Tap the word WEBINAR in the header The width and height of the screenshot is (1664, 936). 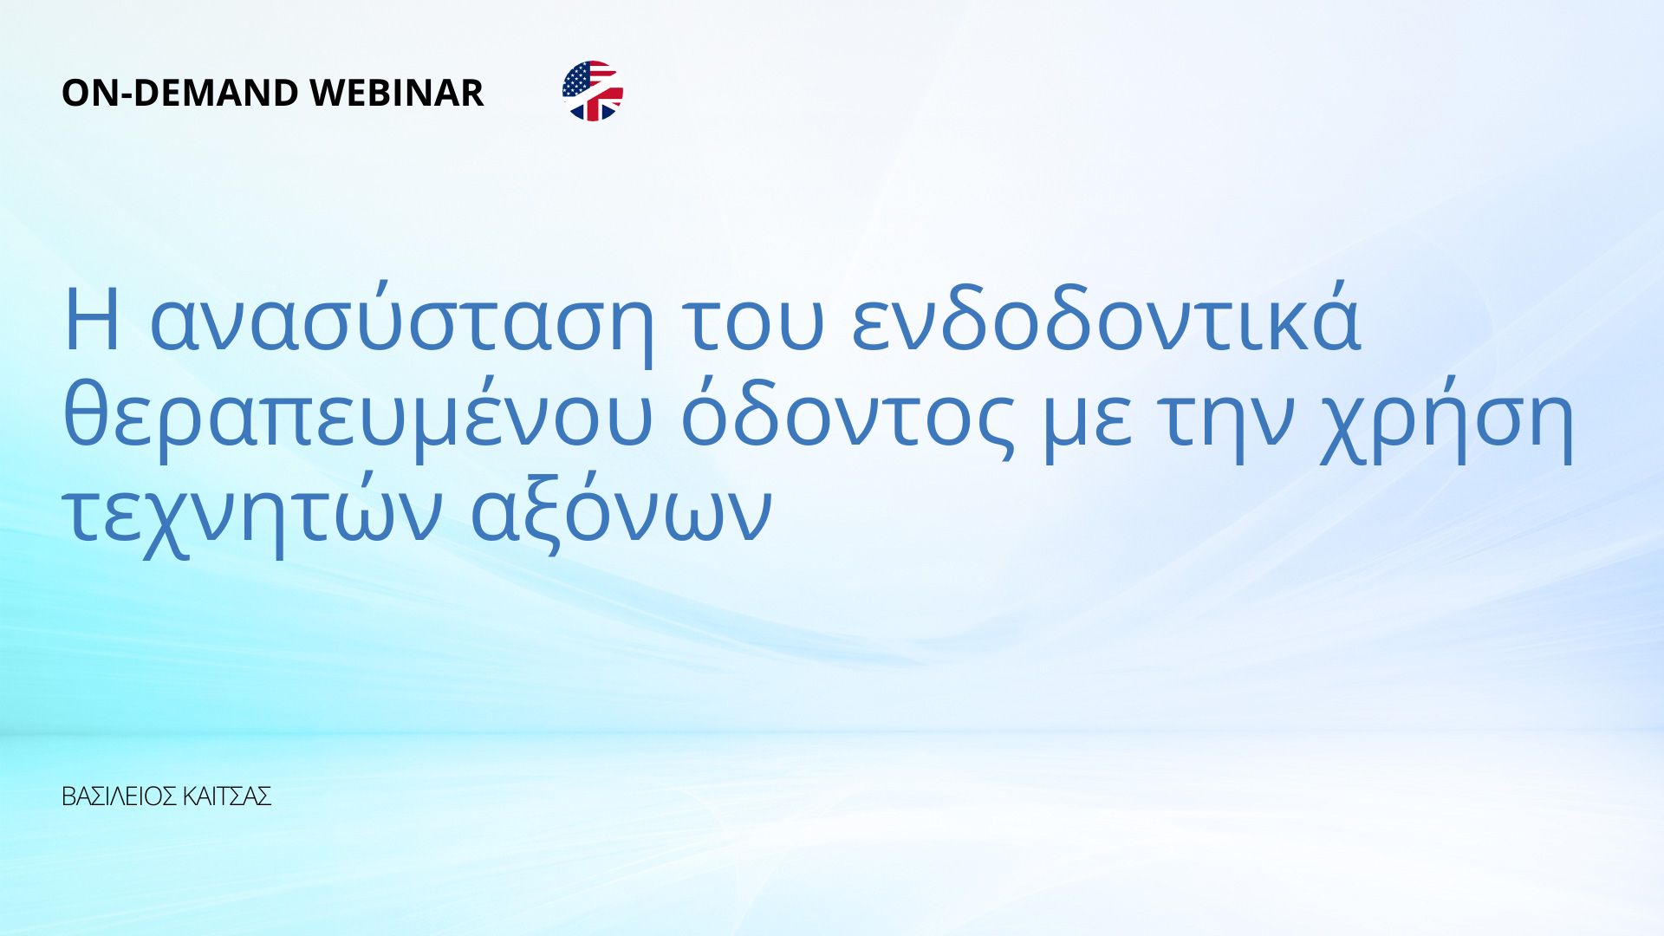click(x=396, y=93)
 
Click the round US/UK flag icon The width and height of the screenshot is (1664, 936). click(x=593, y=91)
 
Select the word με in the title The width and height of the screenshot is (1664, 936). click(x=1087, y=424)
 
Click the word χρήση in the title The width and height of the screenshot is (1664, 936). click(x=1446, y=421)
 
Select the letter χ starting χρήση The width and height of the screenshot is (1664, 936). click(x=1346, y=429)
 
